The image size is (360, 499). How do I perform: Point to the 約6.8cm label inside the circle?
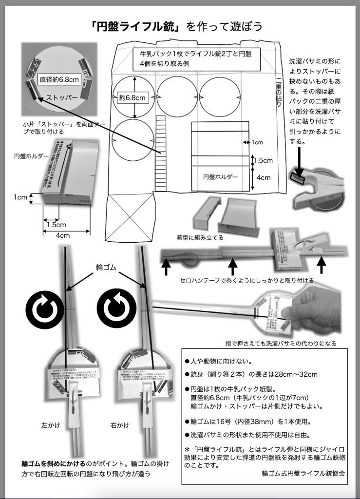(132, 97)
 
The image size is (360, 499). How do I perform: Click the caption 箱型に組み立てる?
(200, 237)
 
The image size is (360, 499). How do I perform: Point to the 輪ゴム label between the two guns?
(105, 268)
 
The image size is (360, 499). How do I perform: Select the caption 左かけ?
(50, 425)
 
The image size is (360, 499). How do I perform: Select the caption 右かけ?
(120, 425)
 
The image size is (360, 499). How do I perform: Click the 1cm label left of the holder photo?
(20, 197)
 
